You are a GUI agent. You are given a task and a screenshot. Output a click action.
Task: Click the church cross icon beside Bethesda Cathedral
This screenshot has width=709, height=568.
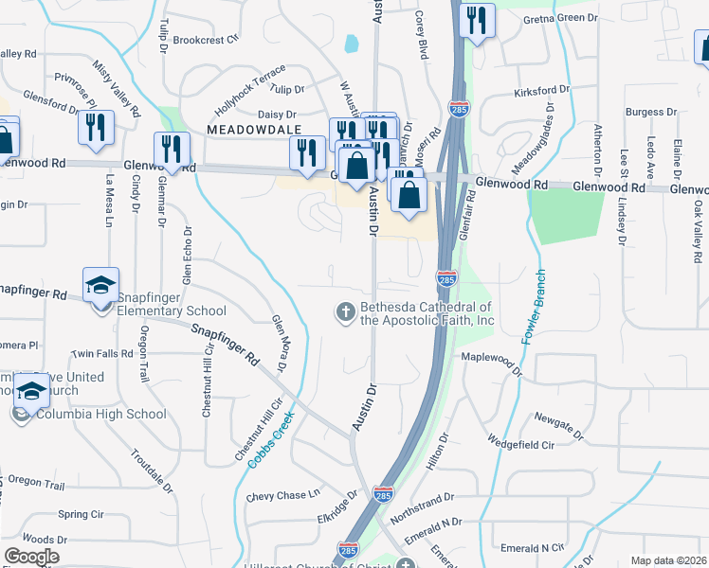coord(346,311)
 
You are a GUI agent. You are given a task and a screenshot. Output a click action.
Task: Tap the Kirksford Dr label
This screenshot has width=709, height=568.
coord(541,90)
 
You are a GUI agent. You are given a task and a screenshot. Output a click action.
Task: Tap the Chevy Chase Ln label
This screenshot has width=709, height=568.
coord(283,495)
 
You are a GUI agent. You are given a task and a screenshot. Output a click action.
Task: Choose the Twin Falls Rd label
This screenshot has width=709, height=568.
coord(101,353)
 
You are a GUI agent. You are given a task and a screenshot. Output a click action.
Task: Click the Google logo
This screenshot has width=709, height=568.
coord(31,557)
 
